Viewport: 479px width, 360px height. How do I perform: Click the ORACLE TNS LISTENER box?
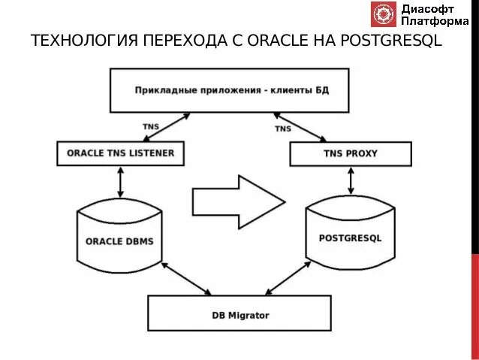120,153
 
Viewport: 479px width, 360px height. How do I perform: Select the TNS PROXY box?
351,154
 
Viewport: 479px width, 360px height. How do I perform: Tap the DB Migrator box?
239,314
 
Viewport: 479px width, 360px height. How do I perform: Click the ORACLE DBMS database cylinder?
120,239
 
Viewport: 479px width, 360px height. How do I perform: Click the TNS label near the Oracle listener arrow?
151,126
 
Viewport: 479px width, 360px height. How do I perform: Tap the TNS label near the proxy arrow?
282,129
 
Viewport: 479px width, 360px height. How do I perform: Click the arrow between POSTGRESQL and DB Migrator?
288,279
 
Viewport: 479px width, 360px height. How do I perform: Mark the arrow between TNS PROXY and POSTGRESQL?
351,180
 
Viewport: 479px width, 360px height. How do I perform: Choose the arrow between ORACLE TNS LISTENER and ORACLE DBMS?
120,180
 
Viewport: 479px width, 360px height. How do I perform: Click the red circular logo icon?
383,14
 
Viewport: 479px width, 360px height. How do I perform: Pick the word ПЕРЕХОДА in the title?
180,41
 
